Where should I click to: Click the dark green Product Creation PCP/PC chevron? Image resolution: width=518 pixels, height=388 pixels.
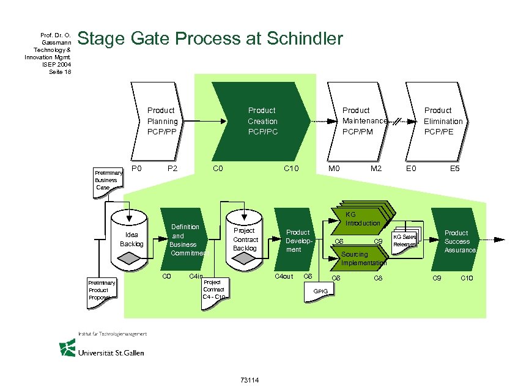[x=262, y=121]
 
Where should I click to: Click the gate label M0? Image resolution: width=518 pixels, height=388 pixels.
[x=334, y=169]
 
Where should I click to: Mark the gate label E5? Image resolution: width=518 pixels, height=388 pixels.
[x=455, y=169]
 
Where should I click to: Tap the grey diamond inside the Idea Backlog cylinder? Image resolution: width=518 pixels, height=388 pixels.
[x=130, y=259]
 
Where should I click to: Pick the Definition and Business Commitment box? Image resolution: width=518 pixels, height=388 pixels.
[x=185, y=240]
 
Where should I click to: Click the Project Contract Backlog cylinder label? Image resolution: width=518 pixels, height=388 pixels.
[x=245, y=240]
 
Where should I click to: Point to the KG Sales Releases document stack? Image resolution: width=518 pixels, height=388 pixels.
[x=405, y=241]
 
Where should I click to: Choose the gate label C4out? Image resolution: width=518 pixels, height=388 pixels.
[x=284, y=277]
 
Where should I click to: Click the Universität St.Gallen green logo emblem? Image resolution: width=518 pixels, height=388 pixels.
[x=67, y=348]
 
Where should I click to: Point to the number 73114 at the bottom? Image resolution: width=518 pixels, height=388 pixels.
[x=250, y=381]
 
